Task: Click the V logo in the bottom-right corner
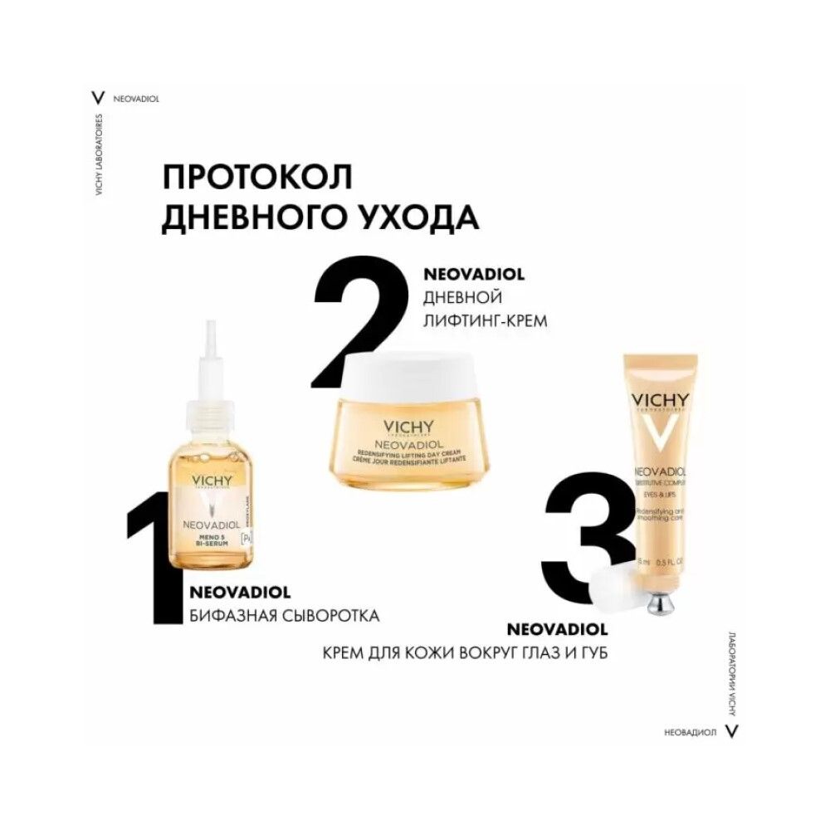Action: (x=731, y=731)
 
